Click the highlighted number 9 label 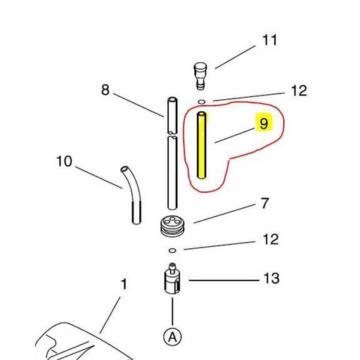pos(263,123)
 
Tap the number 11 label pos(269,40)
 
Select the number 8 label pos(105,89)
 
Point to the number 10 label pos(64,162)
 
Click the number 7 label pos(264,203)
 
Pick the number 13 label pos(271,279)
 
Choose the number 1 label pos(124,285)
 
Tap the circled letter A pos(172,337)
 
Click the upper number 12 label pos(299,90)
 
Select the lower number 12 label pos(271,240)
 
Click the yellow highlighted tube pos(202,148)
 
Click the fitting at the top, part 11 pos(201,73)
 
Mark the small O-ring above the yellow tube pos(202,102)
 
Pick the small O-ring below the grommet pos(172,250)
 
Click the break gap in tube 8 pos(171,134)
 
